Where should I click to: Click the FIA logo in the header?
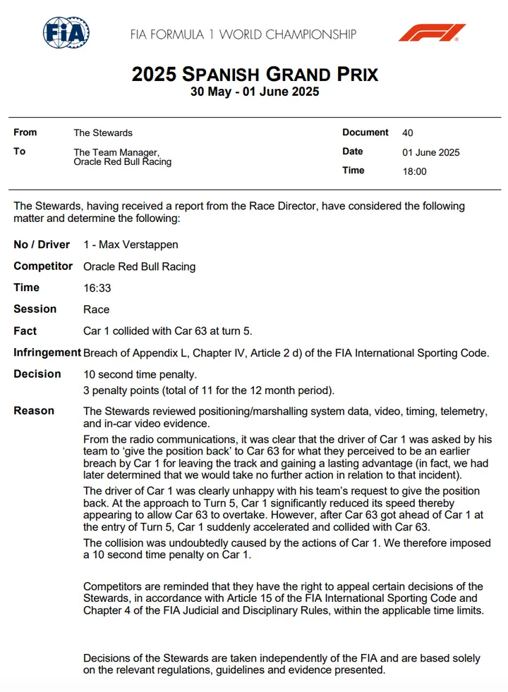coord(66,33)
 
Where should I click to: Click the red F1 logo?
coord(432,33)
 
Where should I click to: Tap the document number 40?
coord(408,132)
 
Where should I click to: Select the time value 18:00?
coord(414,171)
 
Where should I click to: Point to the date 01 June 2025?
coord(430,152)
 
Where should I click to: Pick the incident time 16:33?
coord(97,288)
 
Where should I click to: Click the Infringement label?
coord(46,352)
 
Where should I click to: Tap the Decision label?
coord(37,374)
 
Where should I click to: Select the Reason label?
coord(34,411)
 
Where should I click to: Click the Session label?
coord(35,309)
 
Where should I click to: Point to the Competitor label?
coord(43,266)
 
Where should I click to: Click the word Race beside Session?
coord(96,309)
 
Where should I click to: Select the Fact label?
coord(25,331)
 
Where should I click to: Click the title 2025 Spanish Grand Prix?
coord(255,74)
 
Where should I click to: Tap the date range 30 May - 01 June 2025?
coord(255,92)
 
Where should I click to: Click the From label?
coord(25,132)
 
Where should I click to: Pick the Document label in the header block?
coord(365,132)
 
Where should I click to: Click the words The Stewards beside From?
coord(103,132)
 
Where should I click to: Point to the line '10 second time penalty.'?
coord(140,374)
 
